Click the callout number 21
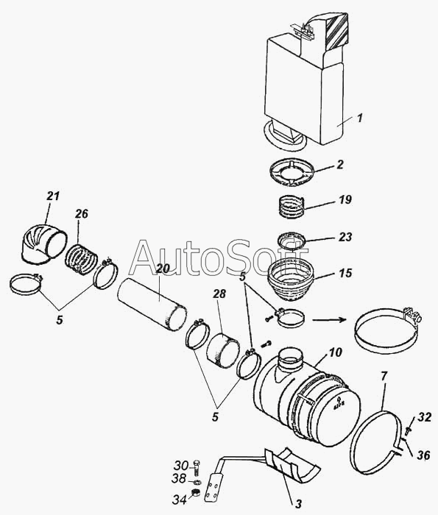pos(53,196)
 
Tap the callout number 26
pos(82,214)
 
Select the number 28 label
pos(219,294)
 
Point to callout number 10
pos(336,352)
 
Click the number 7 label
pos(385,375)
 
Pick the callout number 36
pos(423,455)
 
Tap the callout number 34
pos(180,500)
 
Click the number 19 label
pos(345,199)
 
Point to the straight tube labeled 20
pos(152,305)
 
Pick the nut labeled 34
pos(196,492)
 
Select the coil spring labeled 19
pos(291,206)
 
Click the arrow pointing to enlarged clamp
pos(329,319)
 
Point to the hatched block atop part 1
pos(336,32)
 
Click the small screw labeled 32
pos(409,430)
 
